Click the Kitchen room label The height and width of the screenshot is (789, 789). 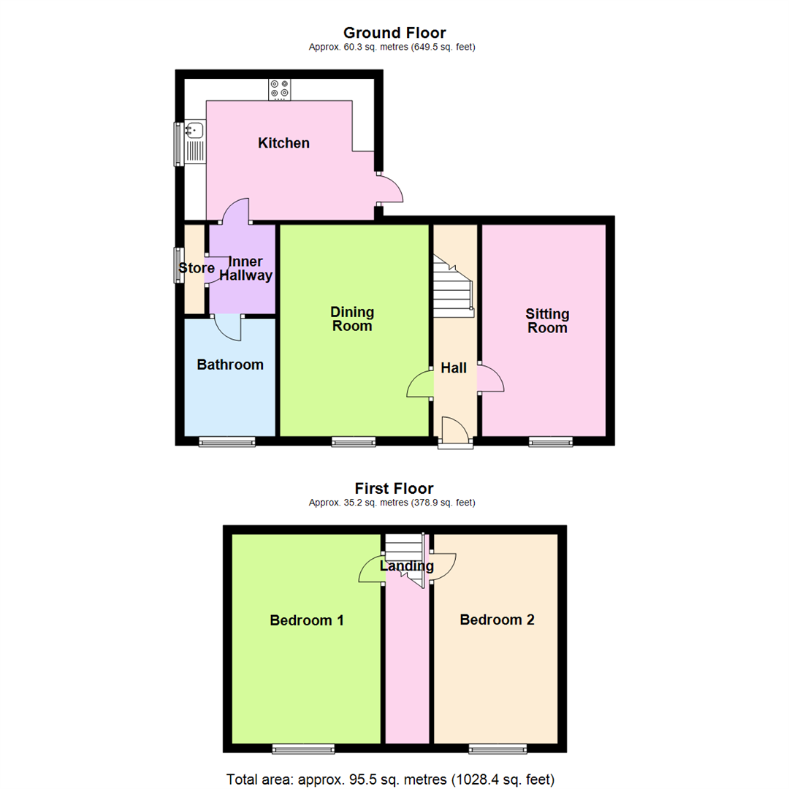click(x=283, y=143)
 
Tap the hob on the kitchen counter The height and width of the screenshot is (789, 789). click(x=279, y=89)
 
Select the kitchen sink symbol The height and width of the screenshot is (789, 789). click(x=194, y=131)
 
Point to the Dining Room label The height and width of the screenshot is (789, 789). click(x=352, y=319)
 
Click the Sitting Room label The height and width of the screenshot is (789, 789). click(x=547, y=321)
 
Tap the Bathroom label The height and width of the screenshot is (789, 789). click(x=230, y=365)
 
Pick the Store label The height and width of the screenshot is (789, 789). click(x=197, y=268)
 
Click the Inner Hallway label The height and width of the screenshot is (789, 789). click(x=250, y=269)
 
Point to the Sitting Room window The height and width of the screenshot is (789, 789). click(x=551, y=441)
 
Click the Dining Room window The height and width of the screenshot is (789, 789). click(x=354, y=441)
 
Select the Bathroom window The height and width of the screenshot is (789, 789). click(x=228, y=441)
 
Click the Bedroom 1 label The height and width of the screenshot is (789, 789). click(x=307, y=620)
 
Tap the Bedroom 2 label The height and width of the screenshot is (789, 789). click(x=497, y=620)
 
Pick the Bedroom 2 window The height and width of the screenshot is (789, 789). click(x=497, y=748)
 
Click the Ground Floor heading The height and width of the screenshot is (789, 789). click(x=394, y=32)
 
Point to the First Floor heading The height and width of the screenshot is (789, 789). click(x=394, y=488)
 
